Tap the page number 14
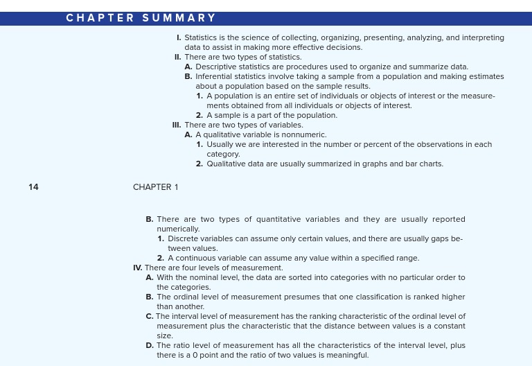point(34,187)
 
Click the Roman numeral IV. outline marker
point(138,268)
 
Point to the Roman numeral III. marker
point(177,125)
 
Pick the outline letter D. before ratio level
point(150,345)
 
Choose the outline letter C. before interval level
point(150,316)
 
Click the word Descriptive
point(218,67)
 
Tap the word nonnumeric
point(305,134)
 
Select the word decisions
point(344,47)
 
